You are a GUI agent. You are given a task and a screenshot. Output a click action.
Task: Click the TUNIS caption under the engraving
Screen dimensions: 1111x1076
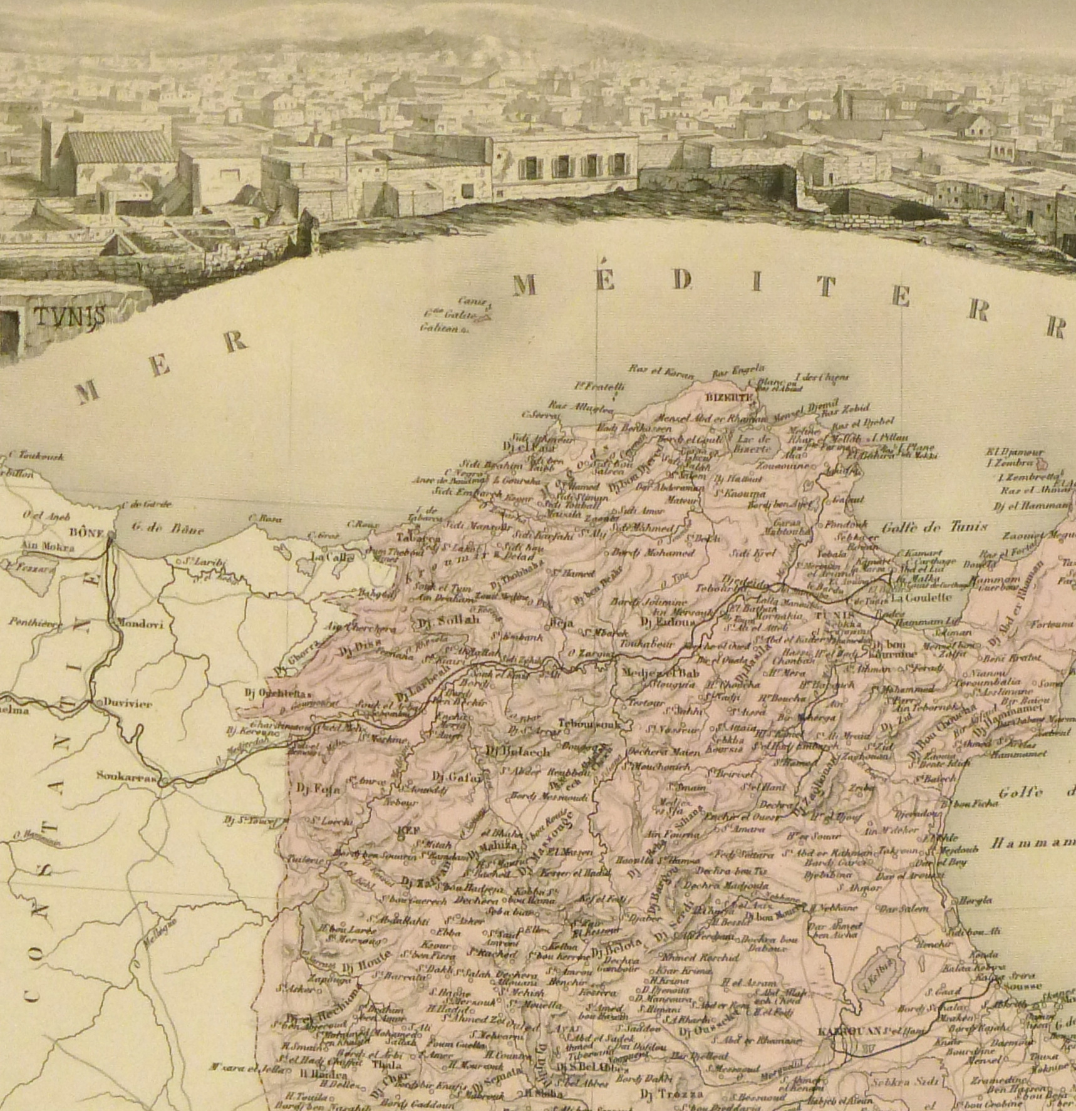tap(69, 316)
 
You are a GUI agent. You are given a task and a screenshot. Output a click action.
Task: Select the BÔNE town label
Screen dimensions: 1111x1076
tap(86, 533)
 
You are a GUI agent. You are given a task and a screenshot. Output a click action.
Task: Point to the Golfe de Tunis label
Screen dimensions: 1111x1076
tap(934, 527)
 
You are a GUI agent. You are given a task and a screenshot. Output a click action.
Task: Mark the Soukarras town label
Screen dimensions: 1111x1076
tap(127, 775)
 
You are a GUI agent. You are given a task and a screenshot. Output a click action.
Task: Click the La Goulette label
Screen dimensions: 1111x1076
tap(922, 597)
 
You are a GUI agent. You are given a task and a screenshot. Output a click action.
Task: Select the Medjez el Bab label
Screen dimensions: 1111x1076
tap(657, 674)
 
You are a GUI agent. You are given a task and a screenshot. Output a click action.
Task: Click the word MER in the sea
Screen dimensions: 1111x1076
tap(160, 367)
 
